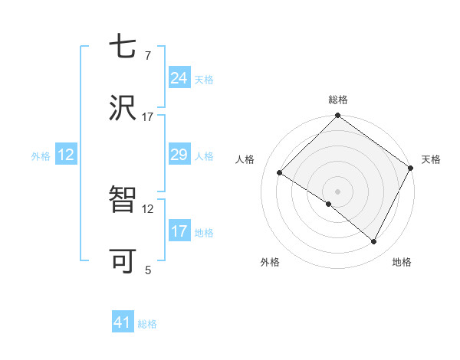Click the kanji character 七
[123, 48]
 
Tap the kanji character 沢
[123, 109]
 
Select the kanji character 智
[123, 201]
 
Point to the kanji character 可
[123, 261]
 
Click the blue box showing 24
[179, 78]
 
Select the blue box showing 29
[179, 155]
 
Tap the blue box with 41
[123, 322]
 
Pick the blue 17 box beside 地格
[179, 231]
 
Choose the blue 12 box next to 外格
[66, 155]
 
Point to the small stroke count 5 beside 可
[148, 270]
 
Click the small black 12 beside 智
[148, 208]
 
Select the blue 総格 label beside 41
[147, 324]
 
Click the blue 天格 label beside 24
[204, 80]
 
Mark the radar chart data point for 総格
[337, 116]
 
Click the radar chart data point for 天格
[410, 169]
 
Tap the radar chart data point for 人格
[280, 172]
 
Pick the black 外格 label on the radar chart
[270, 262]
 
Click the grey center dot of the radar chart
[337, 191]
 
